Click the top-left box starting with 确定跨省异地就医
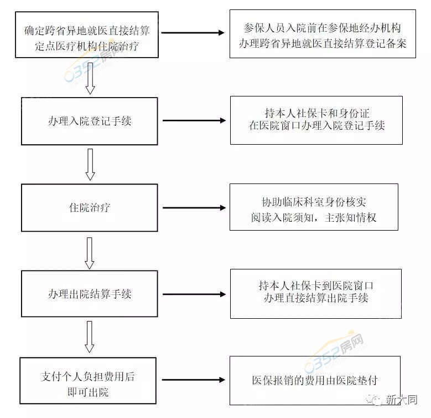click(x=87, y=34)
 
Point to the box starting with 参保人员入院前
click(x=323, y=34)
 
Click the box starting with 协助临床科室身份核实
click(x=314, y=207)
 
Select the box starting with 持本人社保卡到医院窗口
click(x=316, y=293)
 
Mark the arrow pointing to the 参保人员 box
click(x=194, y=33)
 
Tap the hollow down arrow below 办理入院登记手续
click(x=90, y=164)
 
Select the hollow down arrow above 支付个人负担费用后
click(x=90, y=338)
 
